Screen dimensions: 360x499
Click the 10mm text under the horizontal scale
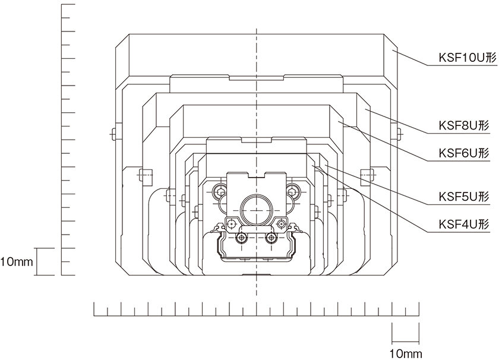(x=406, y=353)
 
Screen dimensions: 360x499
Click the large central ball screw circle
(x=256, y=209)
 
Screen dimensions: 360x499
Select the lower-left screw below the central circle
(x=241, y=238)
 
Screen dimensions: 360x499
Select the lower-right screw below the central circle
(x=271, y=238)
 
